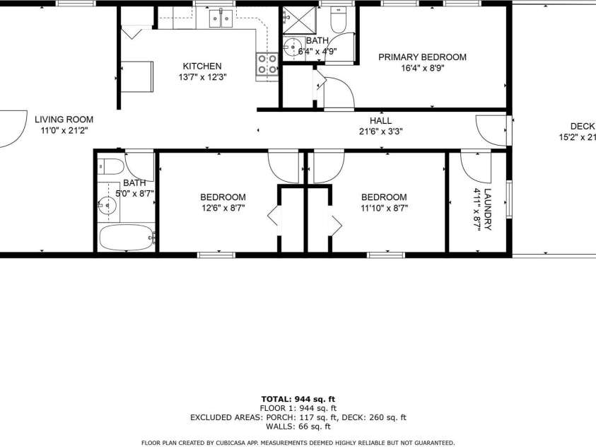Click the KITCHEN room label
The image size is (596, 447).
pos(202,66)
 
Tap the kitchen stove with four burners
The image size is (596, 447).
pos(267,64)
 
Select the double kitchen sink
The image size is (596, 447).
pos(221,18)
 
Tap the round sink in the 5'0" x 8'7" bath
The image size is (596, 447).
pos(107,205)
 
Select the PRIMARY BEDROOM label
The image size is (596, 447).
pos(422,57)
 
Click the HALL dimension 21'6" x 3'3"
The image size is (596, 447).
pos(380,131)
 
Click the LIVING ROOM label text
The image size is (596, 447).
pos(64,120)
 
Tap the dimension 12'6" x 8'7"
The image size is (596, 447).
pos(223,208)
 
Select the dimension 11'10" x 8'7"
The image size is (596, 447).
pos(384,208)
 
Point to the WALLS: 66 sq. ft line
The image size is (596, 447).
pos(298,426)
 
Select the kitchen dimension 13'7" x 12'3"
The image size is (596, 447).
pos(202,77)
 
